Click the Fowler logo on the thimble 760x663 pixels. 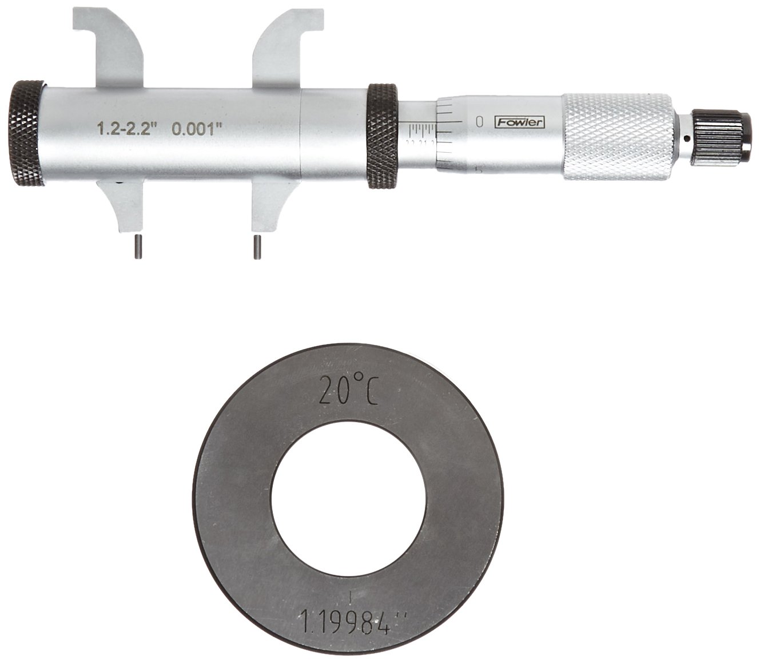pyautogui.click(x=520, y=122)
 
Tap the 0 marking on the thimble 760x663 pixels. pyautogui.click(x=479, y=121)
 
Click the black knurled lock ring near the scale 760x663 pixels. pyautogui.click(x=382, y=136)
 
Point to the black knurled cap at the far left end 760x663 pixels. pyautogui.click(x=27, y=135)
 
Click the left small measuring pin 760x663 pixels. pyautogui.click(x=137, y=248)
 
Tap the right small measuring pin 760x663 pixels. pyautogui.click(x=258, y=248)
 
